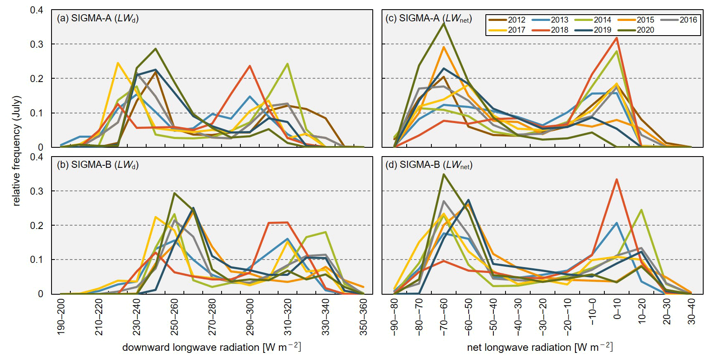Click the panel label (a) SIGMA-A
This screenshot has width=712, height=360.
click(x=98, y=18)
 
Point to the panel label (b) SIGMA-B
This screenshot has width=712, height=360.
click(x=98, y=165)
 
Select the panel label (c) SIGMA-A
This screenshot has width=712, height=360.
click(x=428, y=18)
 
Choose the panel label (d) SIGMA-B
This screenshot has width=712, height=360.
click(x=428, y=165)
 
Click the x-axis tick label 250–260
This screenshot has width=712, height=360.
click(x=174, y=316)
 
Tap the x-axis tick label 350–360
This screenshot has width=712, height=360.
click(x=364, y=316)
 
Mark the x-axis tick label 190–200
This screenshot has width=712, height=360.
click(x=61, y=316)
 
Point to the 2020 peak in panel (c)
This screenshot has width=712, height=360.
click(x=444, y=23)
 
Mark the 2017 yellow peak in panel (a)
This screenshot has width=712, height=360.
click(x=118, y=63)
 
